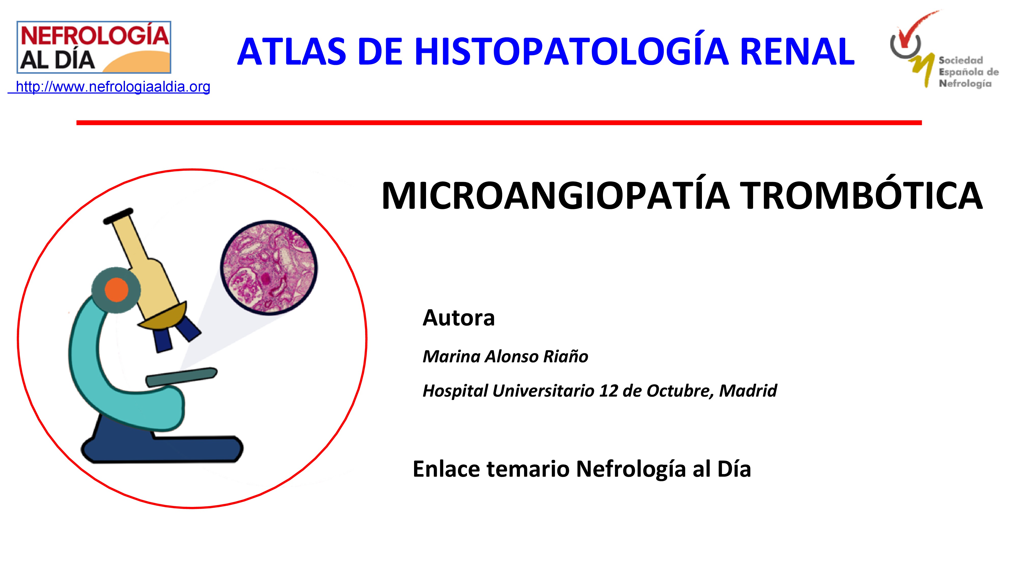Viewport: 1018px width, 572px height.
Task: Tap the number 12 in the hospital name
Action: (609, 391)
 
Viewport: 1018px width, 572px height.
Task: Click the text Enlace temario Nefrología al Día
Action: (582, 469)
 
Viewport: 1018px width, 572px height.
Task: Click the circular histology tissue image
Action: (269, 268)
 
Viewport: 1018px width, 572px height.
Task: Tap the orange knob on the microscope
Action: (117, 290)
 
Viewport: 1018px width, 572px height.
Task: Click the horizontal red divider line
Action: (499, 123)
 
